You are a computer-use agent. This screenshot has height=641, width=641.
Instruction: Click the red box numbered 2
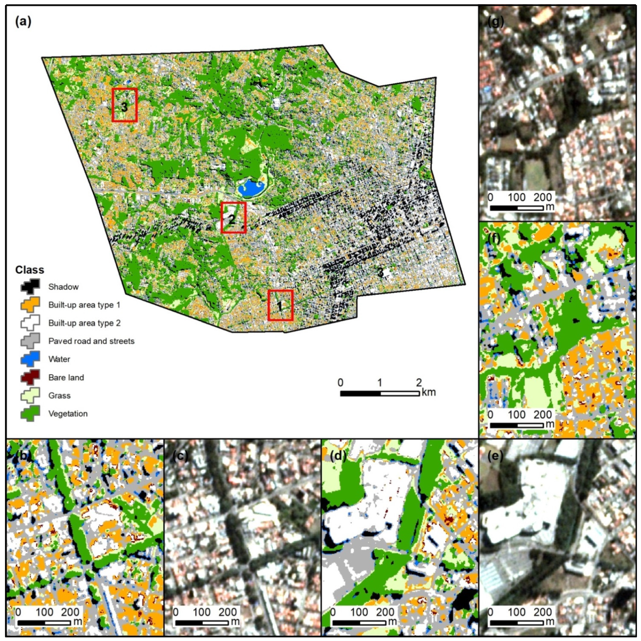234,217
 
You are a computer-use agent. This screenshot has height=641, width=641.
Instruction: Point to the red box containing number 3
124,105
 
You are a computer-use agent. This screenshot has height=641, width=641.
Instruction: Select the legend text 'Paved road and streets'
91,341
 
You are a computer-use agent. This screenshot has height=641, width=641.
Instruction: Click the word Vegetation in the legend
68,414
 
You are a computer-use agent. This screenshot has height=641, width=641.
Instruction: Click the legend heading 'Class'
30,270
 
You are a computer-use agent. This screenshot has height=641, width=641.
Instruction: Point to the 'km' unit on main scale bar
428,392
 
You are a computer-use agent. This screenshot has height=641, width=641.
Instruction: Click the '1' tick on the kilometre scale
380,383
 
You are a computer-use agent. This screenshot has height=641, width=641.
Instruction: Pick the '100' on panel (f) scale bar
517,414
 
